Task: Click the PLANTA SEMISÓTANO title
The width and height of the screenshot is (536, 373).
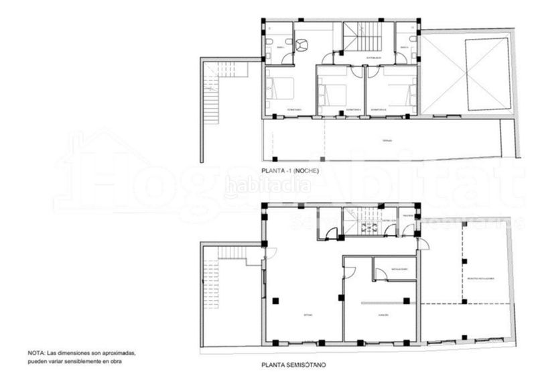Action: (294, 366)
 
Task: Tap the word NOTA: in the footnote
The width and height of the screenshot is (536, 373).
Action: (36, 352)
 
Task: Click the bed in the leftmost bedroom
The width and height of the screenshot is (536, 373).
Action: (281, 88)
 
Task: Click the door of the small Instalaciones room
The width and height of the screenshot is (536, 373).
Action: (380, 274)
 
